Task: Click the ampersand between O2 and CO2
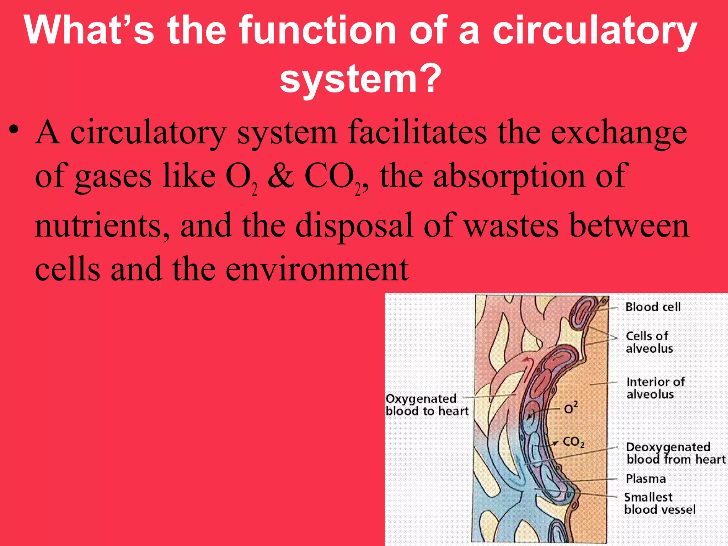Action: (x=281, y=177)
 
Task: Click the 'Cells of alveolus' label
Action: (x=649, y=342)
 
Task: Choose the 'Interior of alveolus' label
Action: (x=655, y=388)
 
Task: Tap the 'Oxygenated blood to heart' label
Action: (x=427, y=405)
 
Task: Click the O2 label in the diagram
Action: (x=571, y=408)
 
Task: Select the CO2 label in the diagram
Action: (x=573, y=443)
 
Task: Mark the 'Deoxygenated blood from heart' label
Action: (x=675, y=453)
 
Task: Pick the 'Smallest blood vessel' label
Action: (x=660, y=503)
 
